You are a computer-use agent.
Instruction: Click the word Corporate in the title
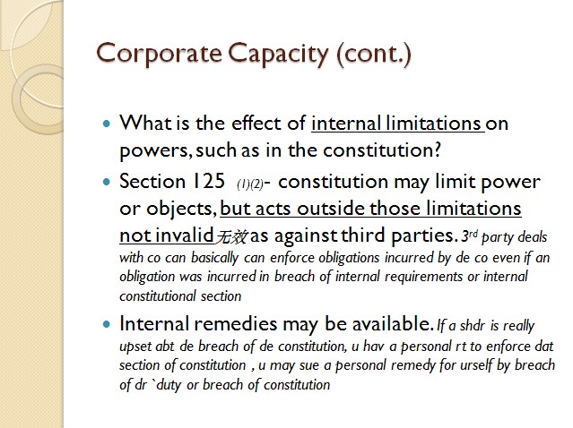click(159, 53)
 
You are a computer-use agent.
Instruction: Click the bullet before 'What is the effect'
click(107, 124)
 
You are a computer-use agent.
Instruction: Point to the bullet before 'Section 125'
click(107, 182)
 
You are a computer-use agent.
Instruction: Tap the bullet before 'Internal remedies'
click(107, 324)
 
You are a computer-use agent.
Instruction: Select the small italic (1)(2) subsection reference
click(250, 184)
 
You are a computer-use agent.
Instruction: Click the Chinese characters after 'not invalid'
click(231, 237)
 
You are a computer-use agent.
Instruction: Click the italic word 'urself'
click(475, 365)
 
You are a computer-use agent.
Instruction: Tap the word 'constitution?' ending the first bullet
click(382, 150)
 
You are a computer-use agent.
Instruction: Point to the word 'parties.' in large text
click(424, 236)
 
